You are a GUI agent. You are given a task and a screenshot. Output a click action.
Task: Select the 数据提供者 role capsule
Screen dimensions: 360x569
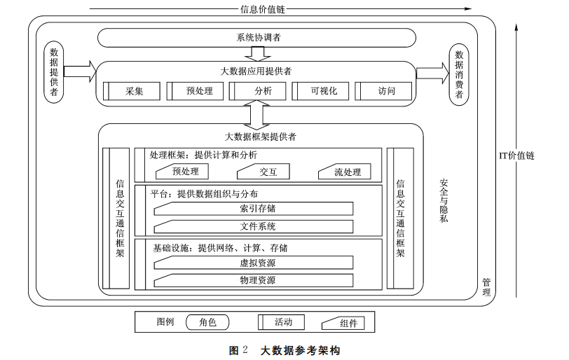pyautogui.click(x=54, y=73)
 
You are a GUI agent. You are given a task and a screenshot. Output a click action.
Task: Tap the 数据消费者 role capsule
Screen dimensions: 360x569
pyautogui.click(x=459, y=74)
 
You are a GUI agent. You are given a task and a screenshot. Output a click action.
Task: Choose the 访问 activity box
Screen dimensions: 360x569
pyautogui.click(x=385, y=91)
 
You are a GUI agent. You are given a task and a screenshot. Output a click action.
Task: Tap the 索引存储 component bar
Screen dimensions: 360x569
pyautogui.click(x=254, y=209)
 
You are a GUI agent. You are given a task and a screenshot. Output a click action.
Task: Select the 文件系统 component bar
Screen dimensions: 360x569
pyautogui.click(x=254, y=226)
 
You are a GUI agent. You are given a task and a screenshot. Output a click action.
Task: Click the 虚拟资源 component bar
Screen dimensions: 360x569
pyautogui.click(x=254, y=263)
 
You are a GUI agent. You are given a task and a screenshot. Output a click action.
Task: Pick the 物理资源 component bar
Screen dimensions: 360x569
pyautogui.click(x=254, y=280)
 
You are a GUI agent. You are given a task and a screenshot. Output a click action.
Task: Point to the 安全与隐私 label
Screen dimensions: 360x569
pyautogui.click(x=444, y=200)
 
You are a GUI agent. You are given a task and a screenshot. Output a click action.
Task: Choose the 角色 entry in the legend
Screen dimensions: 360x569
pyautogui.click(x=207, y=322)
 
